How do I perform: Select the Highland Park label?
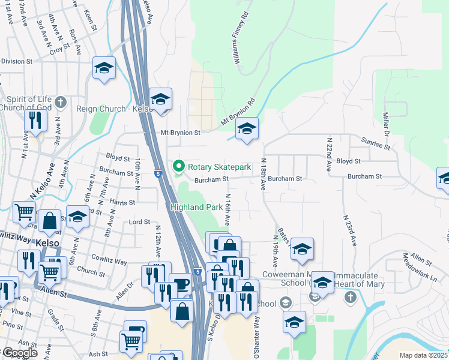tap(192, 207)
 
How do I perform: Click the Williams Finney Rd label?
tap(240, 37)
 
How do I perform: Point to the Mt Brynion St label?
tap(179, 131)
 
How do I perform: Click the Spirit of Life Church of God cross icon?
tap(59, 103)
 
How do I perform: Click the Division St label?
tap(16, 61)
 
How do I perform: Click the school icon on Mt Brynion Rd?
tap(246, 129)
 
